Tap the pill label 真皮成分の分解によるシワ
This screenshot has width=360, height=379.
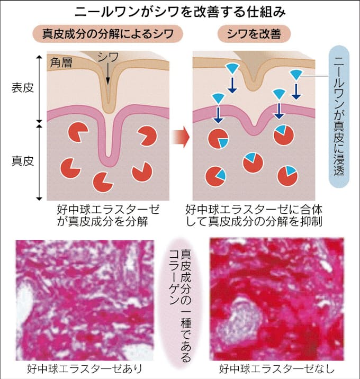click(109, 35)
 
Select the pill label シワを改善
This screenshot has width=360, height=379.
click(254, 35)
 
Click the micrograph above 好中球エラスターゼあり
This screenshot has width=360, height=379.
click(84, 299)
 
